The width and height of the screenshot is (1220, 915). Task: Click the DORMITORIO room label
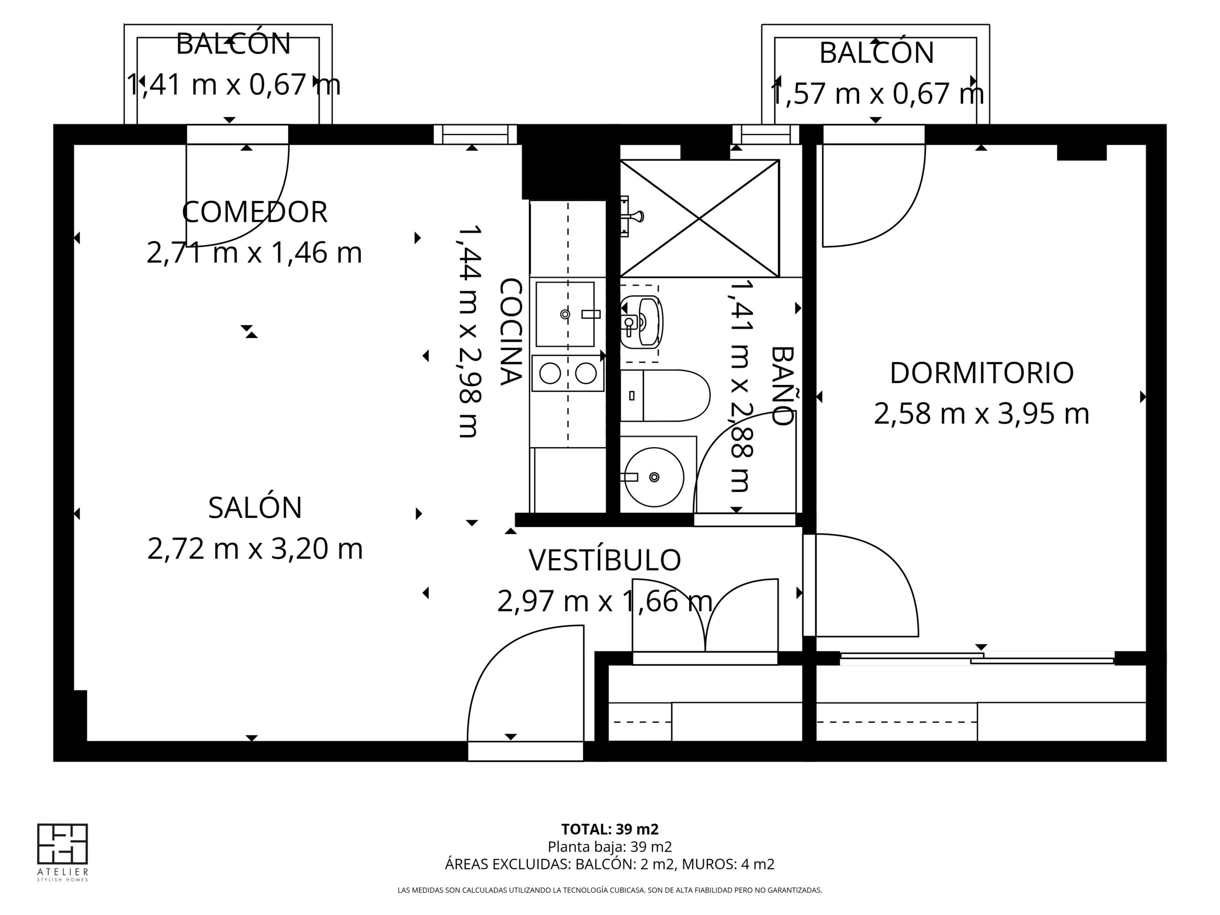click(982, 373)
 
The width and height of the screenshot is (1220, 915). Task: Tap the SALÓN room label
click(255, 508)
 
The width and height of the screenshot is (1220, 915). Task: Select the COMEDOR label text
click(255, 212)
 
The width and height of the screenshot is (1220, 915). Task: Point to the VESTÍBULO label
click(605, 560)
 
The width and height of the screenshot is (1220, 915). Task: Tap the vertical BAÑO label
click(782, 386)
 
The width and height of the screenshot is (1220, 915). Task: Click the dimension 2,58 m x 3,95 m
click(982, 414)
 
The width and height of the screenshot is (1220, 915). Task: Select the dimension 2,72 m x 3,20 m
click(255, 549)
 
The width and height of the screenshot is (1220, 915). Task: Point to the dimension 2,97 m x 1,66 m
click(605, 601)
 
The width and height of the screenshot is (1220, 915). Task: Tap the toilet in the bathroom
click(665, 396)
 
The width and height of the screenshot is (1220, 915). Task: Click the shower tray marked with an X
click(699, 218)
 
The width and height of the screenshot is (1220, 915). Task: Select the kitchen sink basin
click(565, 315)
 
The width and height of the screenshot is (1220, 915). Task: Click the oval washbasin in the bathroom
click(641, 322)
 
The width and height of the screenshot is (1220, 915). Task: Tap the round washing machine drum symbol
click(654, 477)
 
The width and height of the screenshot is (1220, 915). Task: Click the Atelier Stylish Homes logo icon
click(62, 844)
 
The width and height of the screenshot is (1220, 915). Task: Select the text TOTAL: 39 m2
click(610, 829)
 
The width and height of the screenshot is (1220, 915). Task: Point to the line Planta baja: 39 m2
click(610, 846)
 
